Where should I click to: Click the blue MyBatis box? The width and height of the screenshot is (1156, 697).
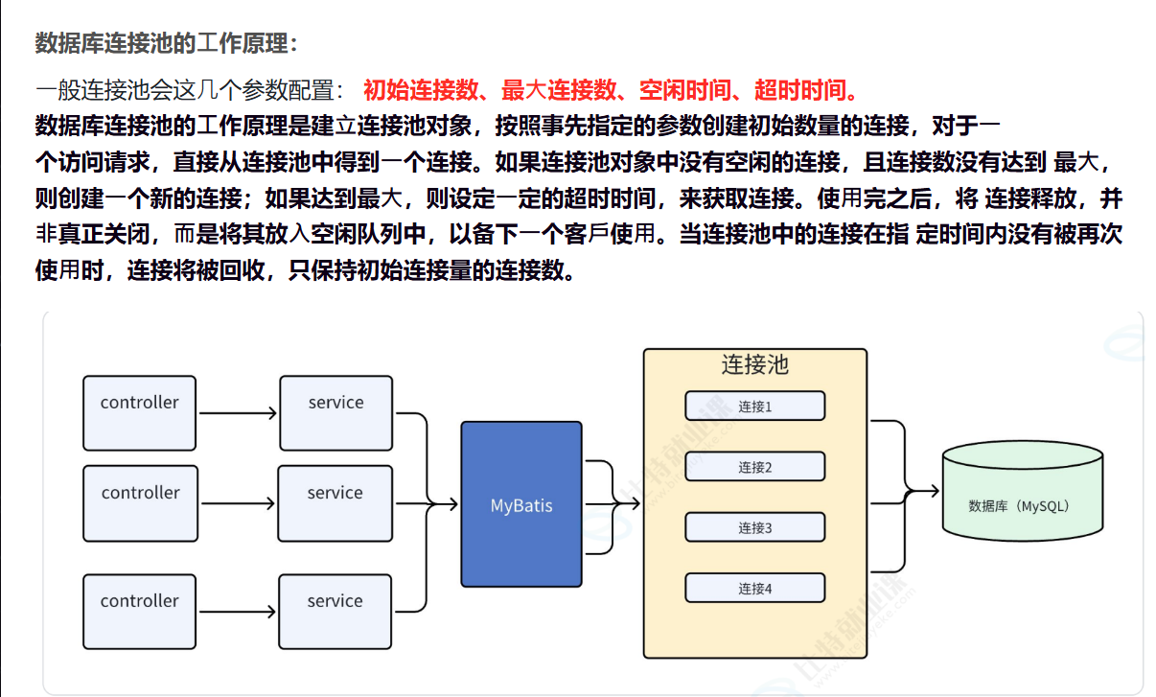point(521,504)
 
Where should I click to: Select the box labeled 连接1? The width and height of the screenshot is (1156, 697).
point(754,406)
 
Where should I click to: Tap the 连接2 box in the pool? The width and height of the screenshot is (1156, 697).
point(754,467)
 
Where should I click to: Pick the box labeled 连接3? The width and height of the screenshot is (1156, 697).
point(754,527)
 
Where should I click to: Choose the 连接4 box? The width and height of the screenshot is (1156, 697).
point(754,588)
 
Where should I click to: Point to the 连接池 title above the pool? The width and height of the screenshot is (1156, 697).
point(754,365)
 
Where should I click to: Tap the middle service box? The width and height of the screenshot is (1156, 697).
point(335,502)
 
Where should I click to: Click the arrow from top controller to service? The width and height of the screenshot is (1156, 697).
point(238,413)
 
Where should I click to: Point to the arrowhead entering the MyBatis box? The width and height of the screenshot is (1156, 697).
point(453,503)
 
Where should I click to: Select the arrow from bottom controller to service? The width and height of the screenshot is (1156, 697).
point(238,611)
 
